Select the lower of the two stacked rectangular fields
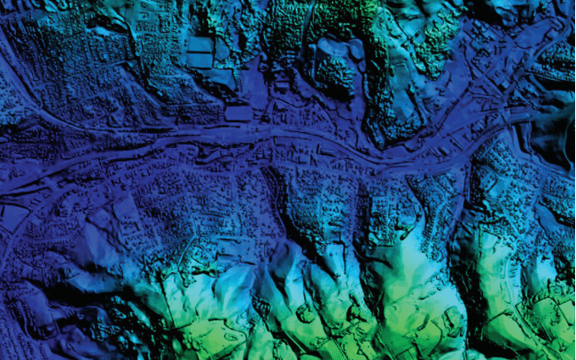[x=201, y=60]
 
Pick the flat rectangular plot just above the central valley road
[x=237, y=113]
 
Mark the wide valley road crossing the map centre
[x=292, y=142]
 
